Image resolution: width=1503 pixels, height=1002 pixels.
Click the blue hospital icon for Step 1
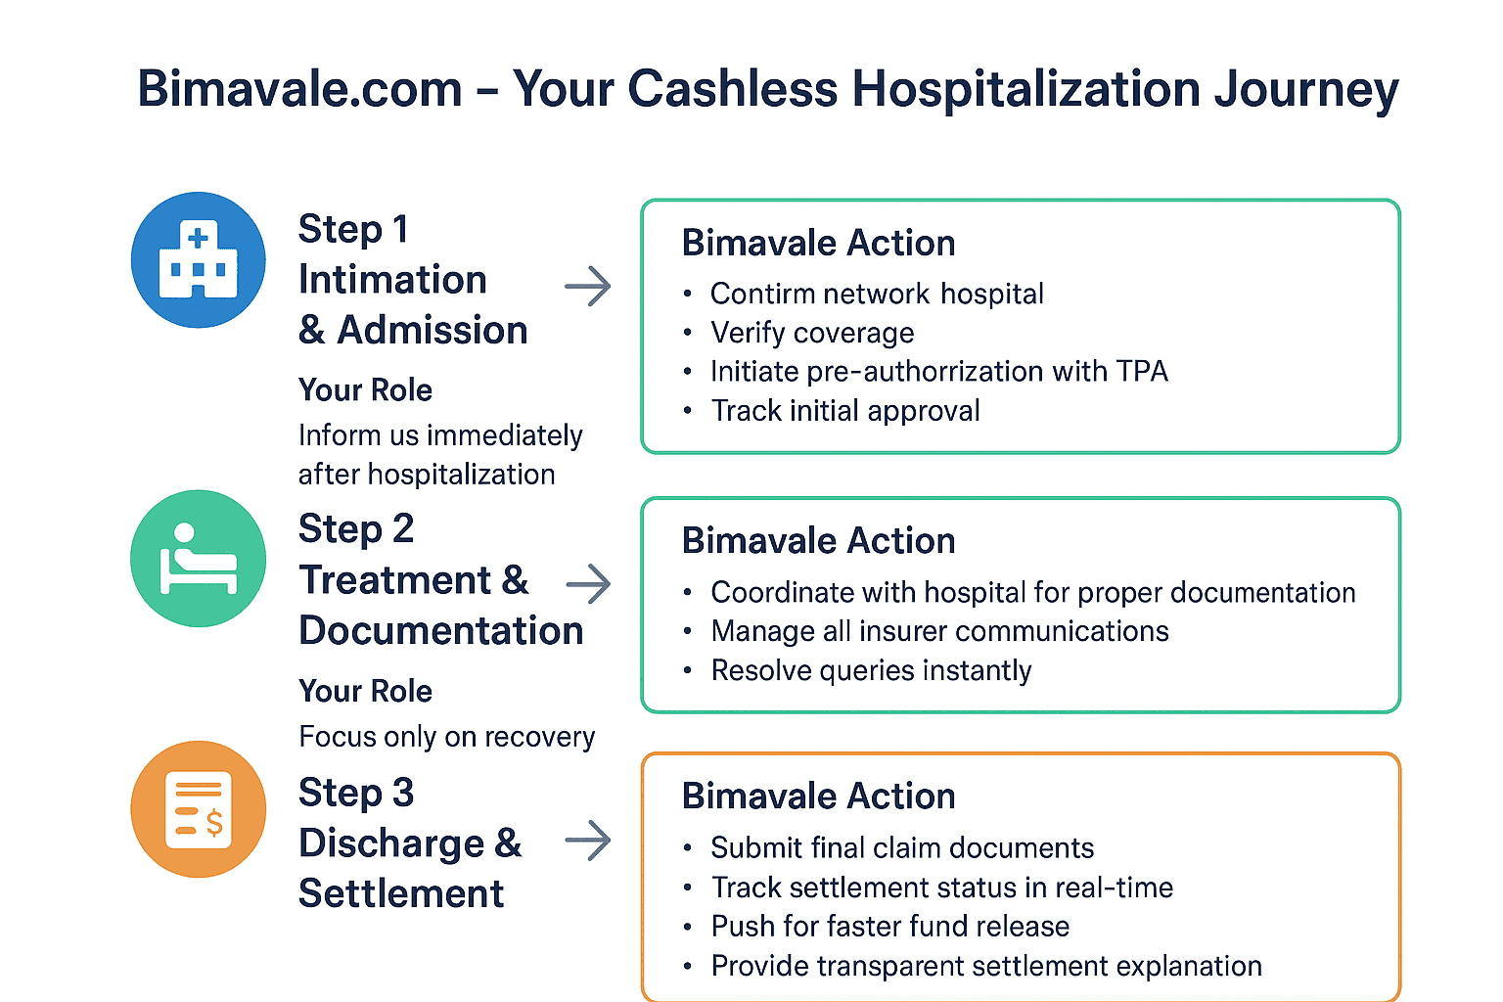[198, 259]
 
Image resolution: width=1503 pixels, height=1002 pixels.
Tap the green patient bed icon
[198, 559]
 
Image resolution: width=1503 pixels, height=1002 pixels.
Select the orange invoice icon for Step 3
[198, 808]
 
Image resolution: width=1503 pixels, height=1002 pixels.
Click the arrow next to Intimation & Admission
[588, 287]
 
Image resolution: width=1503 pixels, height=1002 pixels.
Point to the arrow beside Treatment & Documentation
[588, 584]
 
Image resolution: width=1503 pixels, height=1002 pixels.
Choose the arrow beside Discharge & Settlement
[588, 840]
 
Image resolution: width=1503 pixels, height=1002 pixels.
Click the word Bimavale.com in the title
[300, 88]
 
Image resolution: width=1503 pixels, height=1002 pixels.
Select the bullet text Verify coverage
[812, 333]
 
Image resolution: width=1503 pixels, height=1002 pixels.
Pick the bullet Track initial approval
[845, 411]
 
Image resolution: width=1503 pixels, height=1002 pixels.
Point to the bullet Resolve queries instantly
[871, 670]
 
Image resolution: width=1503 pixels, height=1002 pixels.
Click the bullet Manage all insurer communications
[939, 631]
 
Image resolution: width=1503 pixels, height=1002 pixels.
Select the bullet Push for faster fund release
[889, 926]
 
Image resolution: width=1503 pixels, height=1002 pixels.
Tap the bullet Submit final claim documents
[902, 847]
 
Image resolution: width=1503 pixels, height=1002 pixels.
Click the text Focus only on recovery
[447, 737]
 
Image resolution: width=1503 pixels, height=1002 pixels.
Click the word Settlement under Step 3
[401, 894]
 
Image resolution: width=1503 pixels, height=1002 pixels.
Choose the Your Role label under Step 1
[366, 389]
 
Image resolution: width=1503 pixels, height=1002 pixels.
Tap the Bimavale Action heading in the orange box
[819, 796]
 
